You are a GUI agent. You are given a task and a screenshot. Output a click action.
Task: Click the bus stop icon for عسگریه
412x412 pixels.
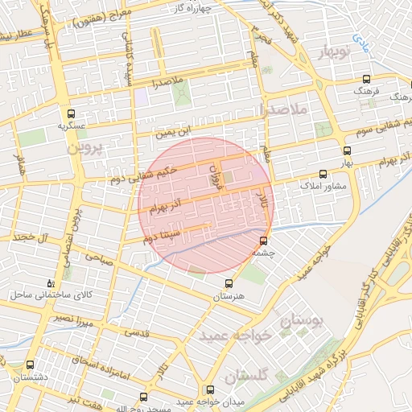(72, 113)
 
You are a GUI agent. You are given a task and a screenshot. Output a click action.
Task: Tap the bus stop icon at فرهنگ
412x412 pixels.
(367, 79)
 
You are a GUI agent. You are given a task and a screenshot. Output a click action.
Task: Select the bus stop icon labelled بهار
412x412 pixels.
(348, 150)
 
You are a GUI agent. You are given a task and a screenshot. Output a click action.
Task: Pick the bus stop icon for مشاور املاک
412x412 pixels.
(323, 174)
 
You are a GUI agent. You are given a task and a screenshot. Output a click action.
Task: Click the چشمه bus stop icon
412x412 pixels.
(264, 241)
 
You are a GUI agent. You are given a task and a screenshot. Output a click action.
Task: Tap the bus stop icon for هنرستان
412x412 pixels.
(229, 283)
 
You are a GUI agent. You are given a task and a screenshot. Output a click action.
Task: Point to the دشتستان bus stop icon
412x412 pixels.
(30, 365)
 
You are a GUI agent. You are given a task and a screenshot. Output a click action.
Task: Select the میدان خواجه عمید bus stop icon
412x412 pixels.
(144, 397)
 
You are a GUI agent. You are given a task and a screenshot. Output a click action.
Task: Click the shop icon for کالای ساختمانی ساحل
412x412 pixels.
(51, 283)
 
